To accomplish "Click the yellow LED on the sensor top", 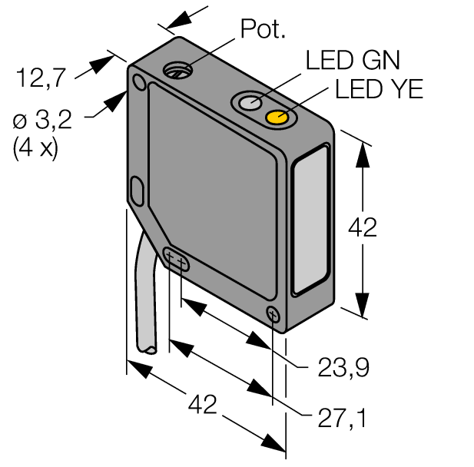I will (277, 118).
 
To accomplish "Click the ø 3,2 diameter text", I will (43, 121).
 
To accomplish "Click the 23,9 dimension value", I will (343, 369).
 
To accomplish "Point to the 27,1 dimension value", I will (343, 419).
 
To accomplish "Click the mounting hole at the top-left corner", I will (138, 82).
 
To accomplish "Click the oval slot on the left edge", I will (138, 189).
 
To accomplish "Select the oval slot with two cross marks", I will (177, 260).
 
